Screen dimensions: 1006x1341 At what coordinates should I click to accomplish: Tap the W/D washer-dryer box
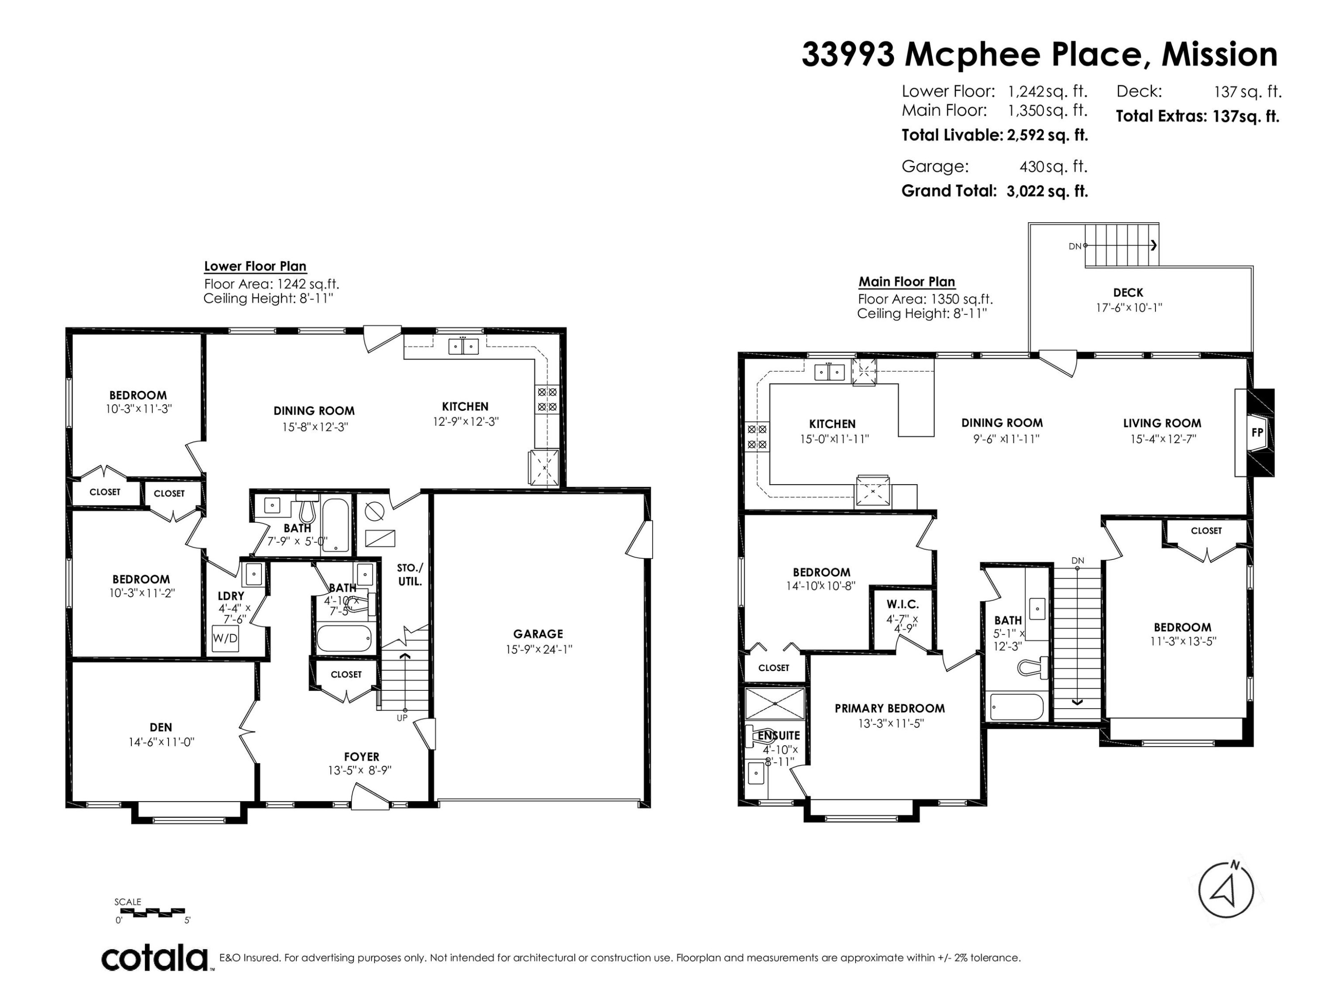225,638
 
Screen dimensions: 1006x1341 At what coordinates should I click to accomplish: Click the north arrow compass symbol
1226,890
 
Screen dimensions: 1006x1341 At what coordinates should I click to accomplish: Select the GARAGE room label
538,634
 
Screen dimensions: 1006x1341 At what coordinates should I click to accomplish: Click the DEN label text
160,727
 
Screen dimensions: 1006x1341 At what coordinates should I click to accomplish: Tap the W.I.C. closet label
902,604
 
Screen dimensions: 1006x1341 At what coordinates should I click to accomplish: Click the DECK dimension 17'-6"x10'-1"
1128,308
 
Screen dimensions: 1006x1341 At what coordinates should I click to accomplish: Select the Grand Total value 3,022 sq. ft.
1047,191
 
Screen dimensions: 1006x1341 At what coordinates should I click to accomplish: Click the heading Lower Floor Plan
255,266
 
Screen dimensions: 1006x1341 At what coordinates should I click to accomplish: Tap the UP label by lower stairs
402,718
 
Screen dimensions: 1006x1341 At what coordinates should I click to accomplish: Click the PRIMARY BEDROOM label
890,708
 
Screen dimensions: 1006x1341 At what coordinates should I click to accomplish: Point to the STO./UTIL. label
410,574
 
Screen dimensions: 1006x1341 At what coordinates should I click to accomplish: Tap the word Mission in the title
1219,55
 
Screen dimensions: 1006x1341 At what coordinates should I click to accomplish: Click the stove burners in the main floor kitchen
757,436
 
